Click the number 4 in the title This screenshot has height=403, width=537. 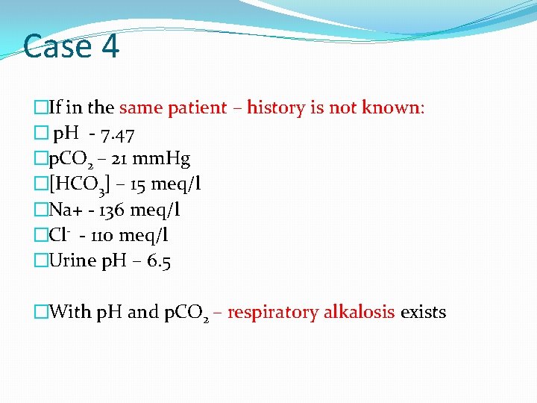tap(108, 46)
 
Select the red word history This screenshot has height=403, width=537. tap(276, 107)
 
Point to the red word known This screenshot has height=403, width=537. tap(392, 107)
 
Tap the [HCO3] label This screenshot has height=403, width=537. tap(73, 185)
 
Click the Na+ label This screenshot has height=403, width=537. tap(66, 210)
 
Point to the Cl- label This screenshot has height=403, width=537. tap(60, 235)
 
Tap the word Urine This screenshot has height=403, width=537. tap(72, 260)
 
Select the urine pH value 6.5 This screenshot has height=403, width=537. tap(158, 260)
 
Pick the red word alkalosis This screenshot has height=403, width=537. tap(359, 312)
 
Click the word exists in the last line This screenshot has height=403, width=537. tap(423, 312)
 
